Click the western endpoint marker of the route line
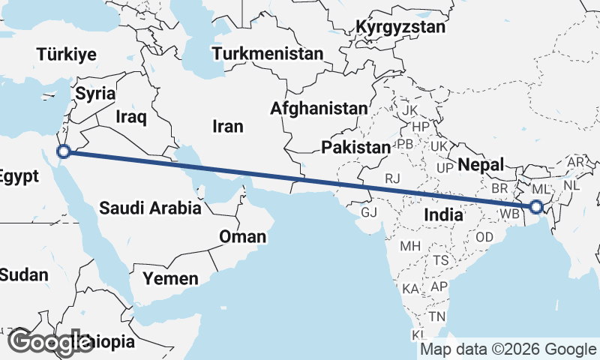point(64,151)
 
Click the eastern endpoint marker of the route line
point(536,207)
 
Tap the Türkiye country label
point(67,54)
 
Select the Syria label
point(95,94)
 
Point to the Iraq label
point(131,117)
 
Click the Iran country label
point(228,126)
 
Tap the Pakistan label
point(356,147)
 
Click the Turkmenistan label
point(268,54)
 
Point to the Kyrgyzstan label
point(400,28)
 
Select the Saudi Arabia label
point(150,208)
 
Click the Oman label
point(242,237)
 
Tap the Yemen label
point(172,279)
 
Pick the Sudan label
point(23,274)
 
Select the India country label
point(442,214)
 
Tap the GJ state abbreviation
point(369,212)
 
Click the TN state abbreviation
point(437,316)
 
